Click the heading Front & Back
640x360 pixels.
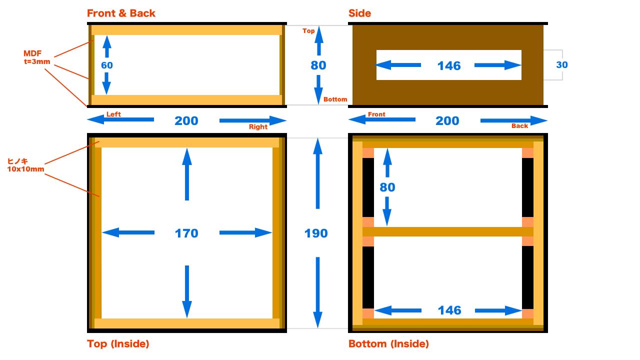click(x=121, y=13)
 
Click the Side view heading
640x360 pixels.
click(x=359, y=13)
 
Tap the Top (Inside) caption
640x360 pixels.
click(x=118, y=344)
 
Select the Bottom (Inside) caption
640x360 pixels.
click(x=388, y=344)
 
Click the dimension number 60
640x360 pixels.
click(x=107, y=65)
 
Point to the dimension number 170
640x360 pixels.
click(x=186, y=233)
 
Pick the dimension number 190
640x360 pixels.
click(x=316, y=233)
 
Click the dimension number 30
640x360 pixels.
click(x=562, y=65)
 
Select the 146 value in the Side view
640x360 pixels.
click(x=449, y=66)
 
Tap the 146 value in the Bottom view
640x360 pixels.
click(x=449, y=310)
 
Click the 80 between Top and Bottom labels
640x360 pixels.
click(x=318, y=65)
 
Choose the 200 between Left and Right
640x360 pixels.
click(x=186, y=121)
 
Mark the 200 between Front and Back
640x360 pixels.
click(x=447, y=121)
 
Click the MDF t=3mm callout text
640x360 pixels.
click(x=36, y=57)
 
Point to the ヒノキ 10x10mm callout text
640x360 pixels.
click(x=25, y=165)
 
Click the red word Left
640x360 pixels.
click(x=113, y=114)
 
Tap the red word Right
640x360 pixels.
click(x=258, y=127)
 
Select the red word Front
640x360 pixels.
click(x=376, y=114)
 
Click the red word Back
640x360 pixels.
click(x=519, y=126)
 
